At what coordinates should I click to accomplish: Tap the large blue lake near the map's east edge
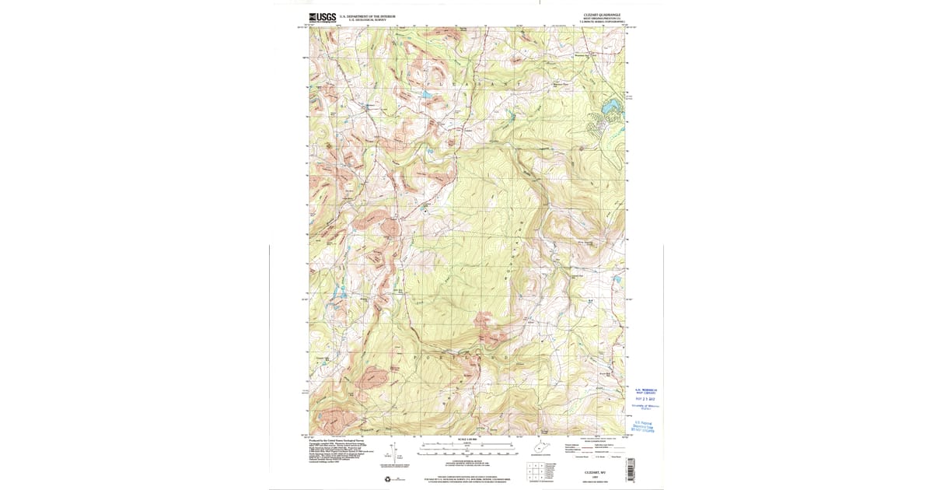point(611,104)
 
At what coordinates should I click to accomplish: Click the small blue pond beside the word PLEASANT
point(427,96)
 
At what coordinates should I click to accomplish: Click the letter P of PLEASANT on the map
point(426,81)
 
